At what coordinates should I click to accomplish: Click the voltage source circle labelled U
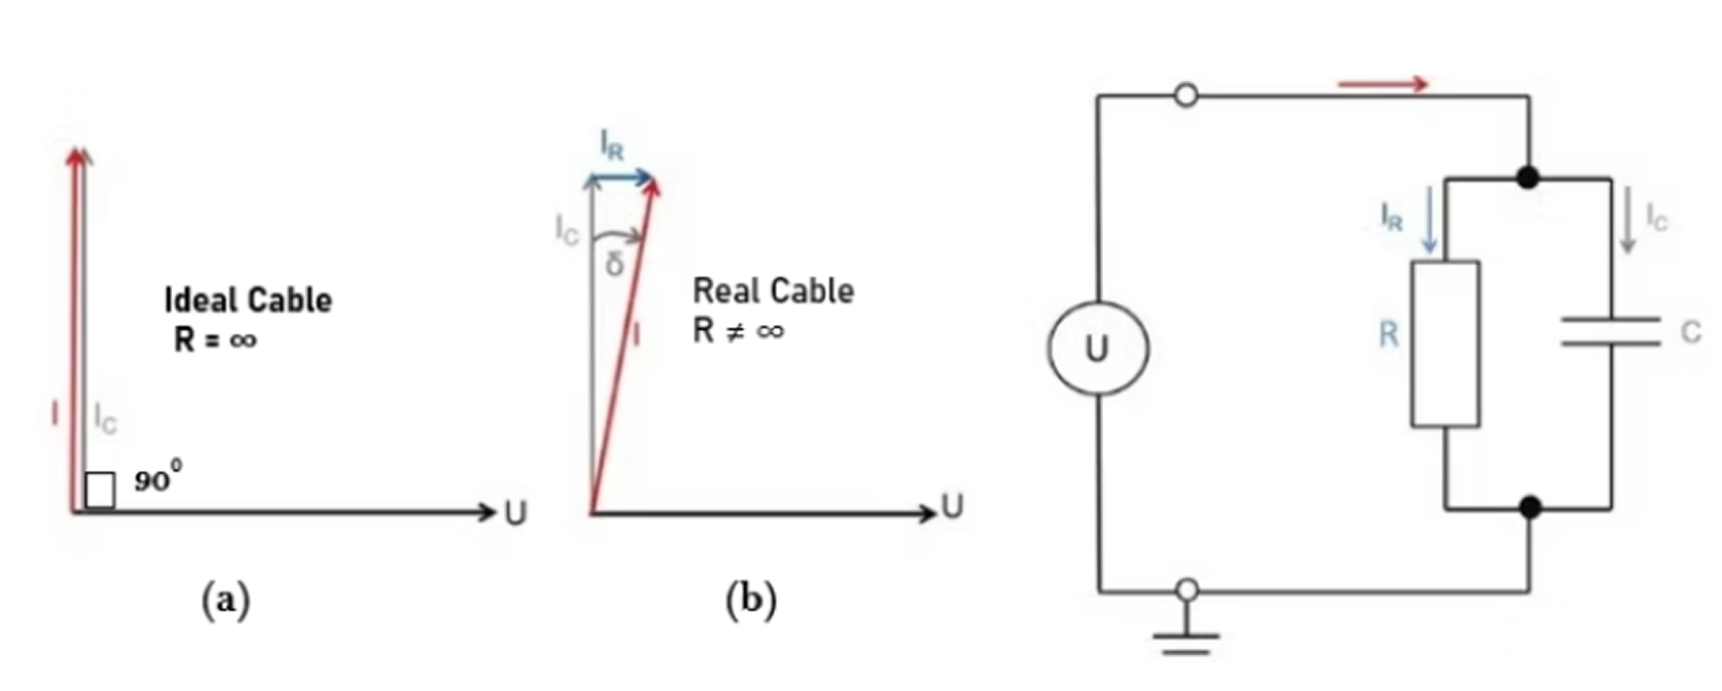1098,348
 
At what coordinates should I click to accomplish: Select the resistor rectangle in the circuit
1446,343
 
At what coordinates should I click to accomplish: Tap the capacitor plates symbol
1611,331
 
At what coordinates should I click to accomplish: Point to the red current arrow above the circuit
1383,84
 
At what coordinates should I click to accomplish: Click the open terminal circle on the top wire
1186,95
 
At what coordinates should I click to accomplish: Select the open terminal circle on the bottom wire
1187,590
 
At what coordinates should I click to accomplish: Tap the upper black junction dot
1528,178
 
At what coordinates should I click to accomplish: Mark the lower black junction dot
1530,508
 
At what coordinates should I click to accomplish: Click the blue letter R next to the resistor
1389,335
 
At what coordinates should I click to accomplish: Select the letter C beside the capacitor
1690,333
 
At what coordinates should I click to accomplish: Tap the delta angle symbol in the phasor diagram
614,263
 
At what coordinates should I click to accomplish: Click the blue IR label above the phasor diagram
612,146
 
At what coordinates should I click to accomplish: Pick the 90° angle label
158,478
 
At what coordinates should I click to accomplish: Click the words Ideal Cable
248,300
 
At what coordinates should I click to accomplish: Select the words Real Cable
773,291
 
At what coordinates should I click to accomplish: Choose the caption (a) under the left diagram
226,600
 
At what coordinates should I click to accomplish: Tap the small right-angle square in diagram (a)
100,490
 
